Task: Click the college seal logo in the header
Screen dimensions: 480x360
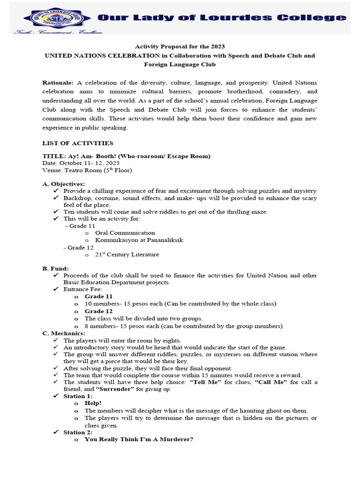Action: click(52, 18)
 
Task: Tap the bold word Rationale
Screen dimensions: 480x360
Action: click(58, 82)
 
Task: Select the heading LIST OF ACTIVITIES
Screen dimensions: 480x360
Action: click(77, 143)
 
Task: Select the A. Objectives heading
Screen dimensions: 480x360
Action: click(64, 184)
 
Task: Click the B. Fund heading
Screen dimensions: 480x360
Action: click(56, 268)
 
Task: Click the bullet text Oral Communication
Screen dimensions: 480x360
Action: click(125, 232)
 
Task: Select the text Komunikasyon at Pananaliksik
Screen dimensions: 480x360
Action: click(139, 240)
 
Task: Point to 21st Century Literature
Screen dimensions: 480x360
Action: click(127, 255)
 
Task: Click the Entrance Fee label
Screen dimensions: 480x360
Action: click(82, 289)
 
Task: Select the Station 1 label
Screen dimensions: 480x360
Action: click(78, 396)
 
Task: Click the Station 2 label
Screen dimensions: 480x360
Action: click(78, 432)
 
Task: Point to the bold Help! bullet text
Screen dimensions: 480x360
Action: click(93, 403)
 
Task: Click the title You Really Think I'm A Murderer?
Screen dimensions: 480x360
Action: click(139, 439)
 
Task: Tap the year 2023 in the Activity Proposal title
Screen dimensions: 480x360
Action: click(217, 46)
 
